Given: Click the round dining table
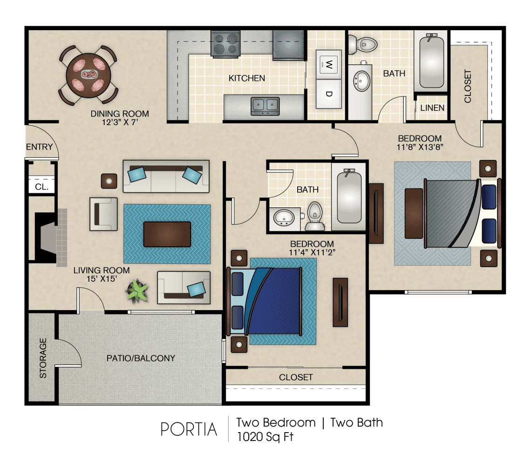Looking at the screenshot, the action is pyautogui.click(x=88, y=75).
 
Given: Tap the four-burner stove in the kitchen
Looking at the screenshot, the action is pyautogui.click(x=225, y=44).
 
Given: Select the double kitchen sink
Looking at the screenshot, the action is pyautogui.click(x=265, y=106).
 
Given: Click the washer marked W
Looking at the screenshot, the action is pyautogui.click(x=328, y=64).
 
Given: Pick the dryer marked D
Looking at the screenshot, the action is pyautogui.click(x=328, y=94).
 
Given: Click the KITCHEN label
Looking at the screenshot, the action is pyautogui.click(x=247, y=78).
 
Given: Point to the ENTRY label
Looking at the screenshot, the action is pyautogui.click(x=39, y=147).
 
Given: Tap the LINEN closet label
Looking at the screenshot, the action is pyautogui.click(x=432, y=108).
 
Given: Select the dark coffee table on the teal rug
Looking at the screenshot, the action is pyautogui.click(x=167, y=234).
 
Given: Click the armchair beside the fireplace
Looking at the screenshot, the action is pyautogui.click(x=103, y=214).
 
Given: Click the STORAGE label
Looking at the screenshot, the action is pyautogui.click(x=43, y=358).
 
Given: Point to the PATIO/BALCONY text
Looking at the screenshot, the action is pyautogui.click(x=141, y=358).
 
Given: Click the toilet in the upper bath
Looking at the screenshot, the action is pyautogui.click(x=363, y=44).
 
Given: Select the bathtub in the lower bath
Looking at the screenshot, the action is pyautogui.click(x=349, y=197).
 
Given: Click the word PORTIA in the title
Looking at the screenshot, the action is pyautogui.click(x=189, y=429).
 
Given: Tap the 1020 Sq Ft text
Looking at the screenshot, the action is pyautogui.click(x=265, y=437).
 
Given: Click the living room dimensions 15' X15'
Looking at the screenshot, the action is pyautogui.click(x=102, y=278).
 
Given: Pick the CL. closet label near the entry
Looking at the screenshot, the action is pyautogui.click(x=41, y=187).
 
